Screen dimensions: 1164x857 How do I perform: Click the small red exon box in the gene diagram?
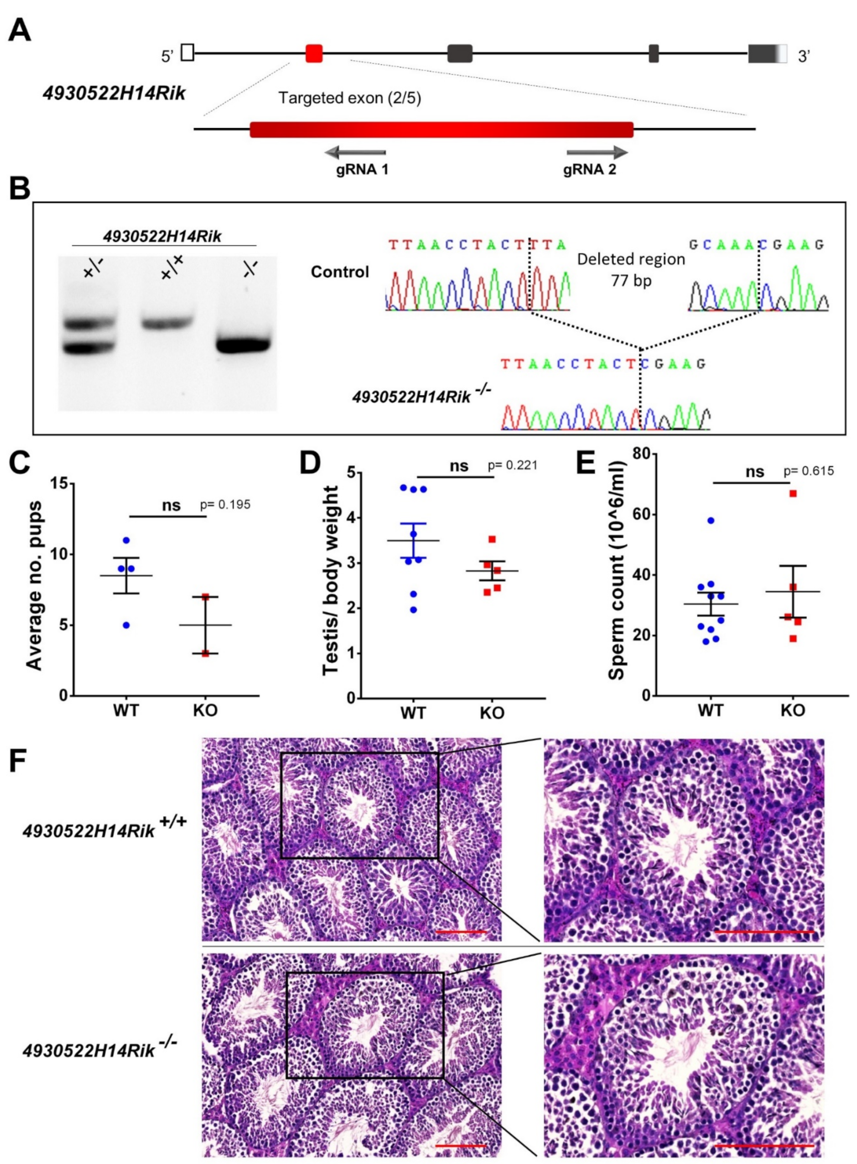point(314,53)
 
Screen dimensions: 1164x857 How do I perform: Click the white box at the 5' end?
point(188,53)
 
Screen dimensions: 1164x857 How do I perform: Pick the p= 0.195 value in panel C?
point(225,504)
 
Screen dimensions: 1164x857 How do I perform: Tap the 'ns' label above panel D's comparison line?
point(458,466)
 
